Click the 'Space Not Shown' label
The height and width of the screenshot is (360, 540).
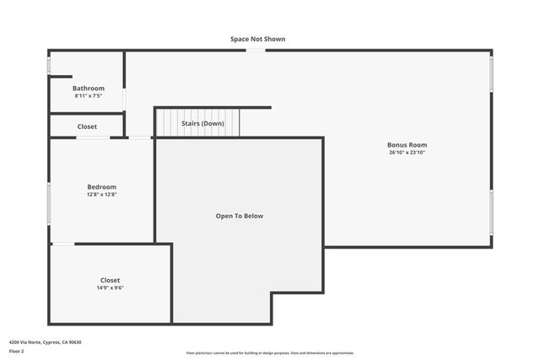(257, 39)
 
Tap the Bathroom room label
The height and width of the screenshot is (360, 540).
(89, 89)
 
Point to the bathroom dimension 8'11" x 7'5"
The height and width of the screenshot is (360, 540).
(89, 96)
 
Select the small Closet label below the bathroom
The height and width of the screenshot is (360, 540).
(87, 126)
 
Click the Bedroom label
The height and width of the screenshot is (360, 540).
(102, 186)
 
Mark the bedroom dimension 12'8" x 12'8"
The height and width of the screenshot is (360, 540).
(102, 195)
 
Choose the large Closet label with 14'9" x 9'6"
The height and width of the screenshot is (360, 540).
(110, 280)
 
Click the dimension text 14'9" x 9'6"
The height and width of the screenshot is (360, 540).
(110, 287)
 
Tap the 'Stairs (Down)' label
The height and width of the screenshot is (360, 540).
(202, 123)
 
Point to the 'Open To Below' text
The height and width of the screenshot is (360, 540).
(240, 216)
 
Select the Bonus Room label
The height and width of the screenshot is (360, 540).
(407, 145)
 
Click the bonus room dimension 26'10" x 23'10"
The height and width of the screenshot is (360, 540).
(407, 153)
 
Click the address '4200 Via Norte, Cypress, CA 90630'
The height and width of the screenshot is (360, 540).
(45, 341)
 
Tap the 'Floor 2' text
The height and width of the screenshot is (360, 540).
(17, 351)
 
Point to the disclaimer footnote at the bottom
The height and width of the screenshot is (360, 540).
(270, 353)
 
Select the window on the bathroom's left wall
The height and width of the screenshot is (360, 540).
(49, 65)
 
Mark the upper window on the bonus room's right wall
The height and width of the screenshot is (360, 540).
(491, 73)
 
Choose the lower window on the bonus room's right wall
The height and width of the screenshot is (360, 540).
(491, 212)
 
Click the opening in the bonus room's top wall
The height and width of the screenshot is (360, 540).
(256, 51)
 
